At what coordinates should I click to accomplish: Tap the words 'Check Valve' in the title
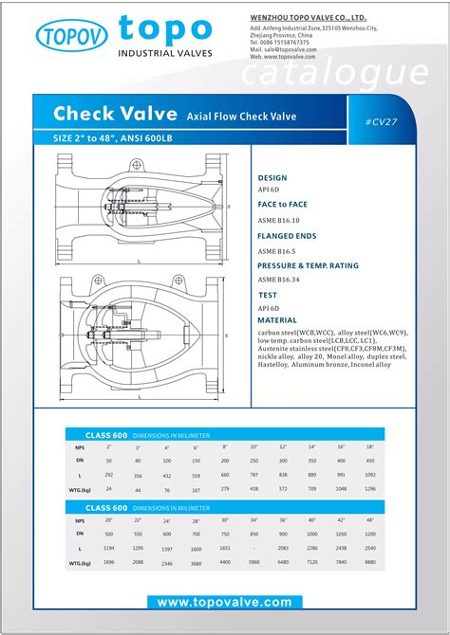pyautogui.click(x=115, y=114)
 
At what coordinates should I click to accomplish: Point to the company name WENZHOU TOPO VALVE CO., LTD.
pyautogui.click(x=321, y=17)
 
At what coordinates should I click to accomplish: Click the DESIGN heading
pyautogui.click(x=272, y=177)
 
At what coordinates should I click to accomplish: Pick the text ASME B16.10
pyautogui.click(x=278, y=220)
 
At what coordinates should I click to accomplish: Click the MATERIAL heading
pyautogui.click(x=277, y=320)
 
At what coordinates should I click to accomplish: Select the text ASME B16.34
pyautogui.click(x=278, y=280)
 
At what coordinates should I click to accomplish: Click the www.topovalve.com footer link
pyautogui.click(x=224, y=602)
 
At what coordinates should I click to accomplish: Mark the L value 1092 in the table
pyautogui.click(x=370, y=474)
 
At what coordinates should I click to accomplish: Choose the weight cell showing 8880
pyautogui.click(x=370, y=562)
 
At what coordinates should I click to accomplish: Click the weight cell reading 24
pyautogui.click(x=108, y=489)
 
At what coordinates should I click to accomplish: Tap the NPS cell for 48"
pyautogui.click(x=370, y=519)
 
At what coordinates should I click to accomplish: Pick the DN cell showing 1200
pyautogui.click(x=370, y=534)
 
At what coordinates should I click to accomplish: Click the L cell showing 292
pyautogui.click(x=108, y=474)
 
